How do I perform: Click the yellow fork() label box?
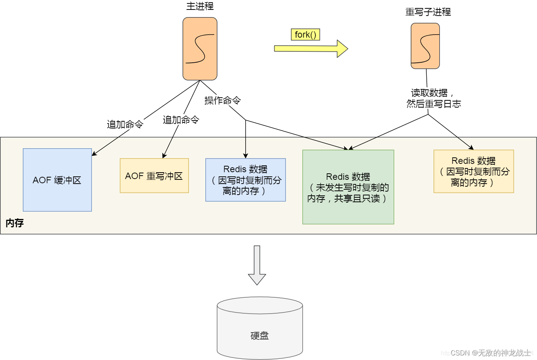click(305, 35)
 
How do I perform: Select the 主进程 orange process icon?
click(200, 49)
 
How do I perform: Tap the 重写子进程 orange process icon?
click(425, 46)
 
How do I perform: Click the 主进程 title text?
click(200, 6)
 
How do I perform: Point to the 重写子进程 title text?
click(428, 12)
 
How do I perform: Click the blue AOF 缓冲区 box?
click(57, 180)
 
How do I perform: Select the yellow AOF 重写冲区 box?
click(154, 176)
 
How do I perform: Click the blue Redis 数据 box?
click(245, 180)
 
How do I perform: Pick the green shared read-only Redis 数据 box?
click(348, 187)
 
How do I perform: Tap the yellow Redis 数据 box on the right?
click(473, 171)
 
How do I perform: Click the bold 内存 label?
click(14, 223)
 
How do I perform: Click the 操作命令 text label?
click(222, 100)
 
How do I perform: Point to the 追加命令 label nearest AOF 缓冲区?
click(125, 124)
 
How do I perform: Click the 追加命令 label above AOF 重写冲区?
click(181, 120)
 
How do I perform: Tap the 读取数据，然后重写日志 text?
click(433, 98)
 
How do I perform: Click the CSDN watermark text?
click(490, 353)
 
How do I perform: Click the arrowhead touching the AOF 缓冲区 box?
click(94, 154)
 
